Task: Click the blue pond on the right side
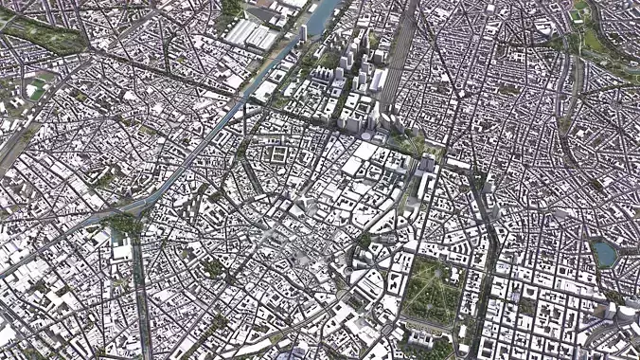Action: [603, 253]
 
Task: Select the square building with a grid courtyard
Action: [282, 153]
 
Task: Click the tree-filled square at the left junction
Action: [122, 224]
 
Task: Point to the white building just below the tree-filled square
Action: [120, 251]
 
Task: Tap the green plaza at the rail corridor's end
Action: [409, 143]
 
